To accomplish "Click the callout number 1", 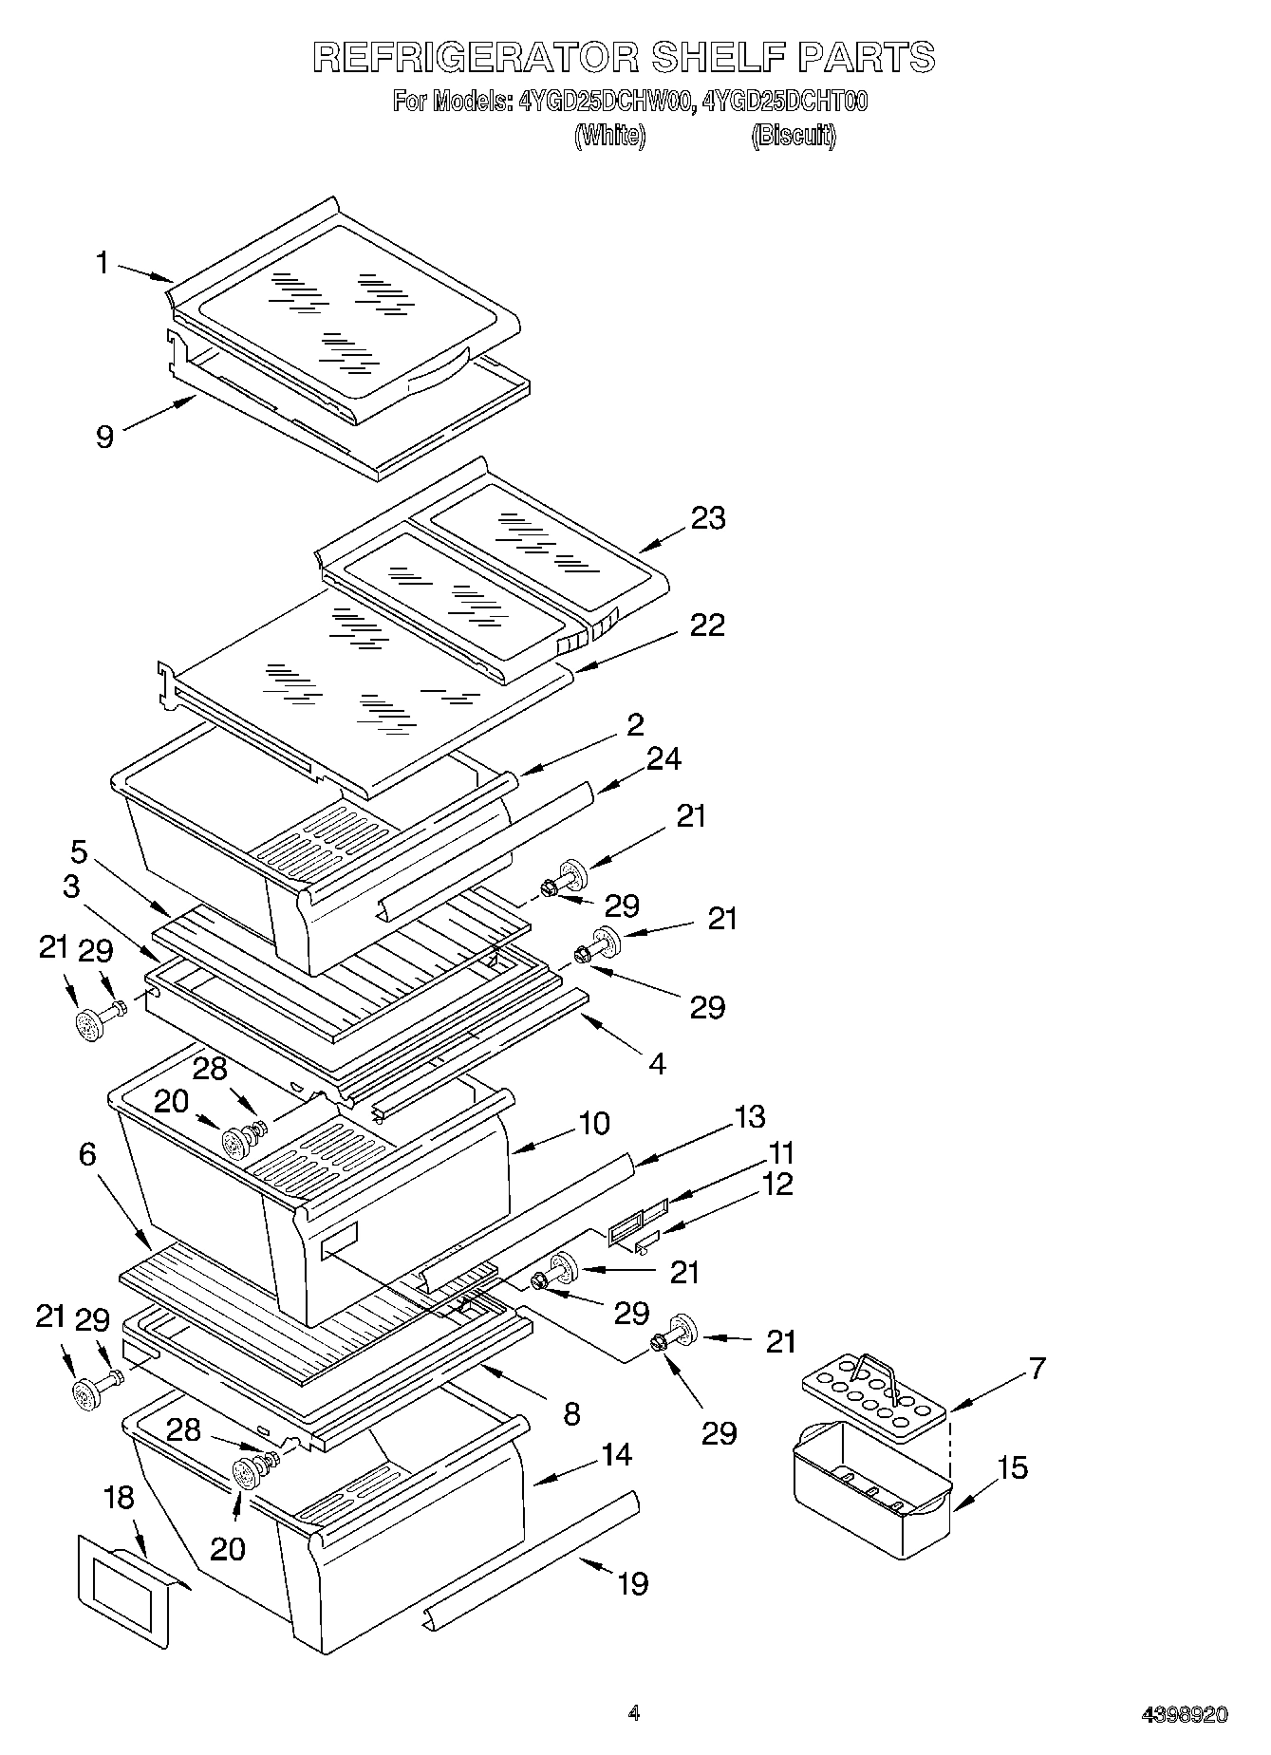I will (103, 263).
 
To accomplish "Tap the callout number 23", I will (708, 518).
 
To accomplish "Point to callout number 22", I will (706, 625).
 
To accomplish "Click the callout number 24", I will (664, 759).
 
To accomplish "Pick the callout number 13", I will (749, 1116).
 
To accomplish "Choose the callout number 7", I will (1037, 1368).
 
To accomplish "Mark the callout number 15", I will (1013, 1467).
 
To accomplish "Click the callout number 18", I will (119, 1498).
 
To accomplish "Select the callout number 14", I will (616, 1454).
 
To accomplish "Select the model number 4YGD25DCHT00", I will (784, 102).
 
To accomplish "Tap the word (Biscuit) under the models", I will (794, 136).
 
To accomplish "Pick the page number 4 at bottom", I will (634, 1713).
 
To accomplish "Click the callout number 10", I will (593, 1123).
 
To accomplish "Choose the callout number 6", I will (87, 1154).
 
